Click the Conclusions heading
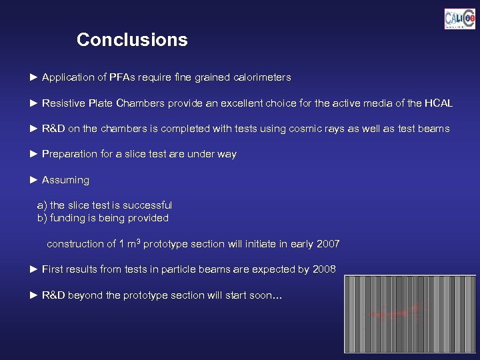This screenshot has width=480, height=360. click(132, 40)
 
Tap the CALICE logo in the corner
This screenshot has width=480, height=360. click(459, 19)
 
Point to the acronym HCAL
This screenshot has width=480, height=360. click(439, 103)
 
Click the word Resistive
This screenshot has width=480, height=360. click(63, 103)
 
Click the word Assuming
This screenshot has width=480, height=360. click(65, 180)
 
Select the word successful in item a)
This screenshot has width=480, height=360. click(147, 205)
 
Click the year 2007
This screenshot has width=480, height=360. click(327, 244)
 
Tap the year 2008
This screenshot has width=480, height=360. click(323, 269)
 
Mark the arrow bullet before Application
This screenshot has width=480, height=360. click(35, 77)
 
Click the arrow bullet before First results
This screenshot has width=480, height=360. click(35, 269)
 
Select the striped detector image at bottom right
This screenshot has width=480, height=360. click(409, 314)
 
